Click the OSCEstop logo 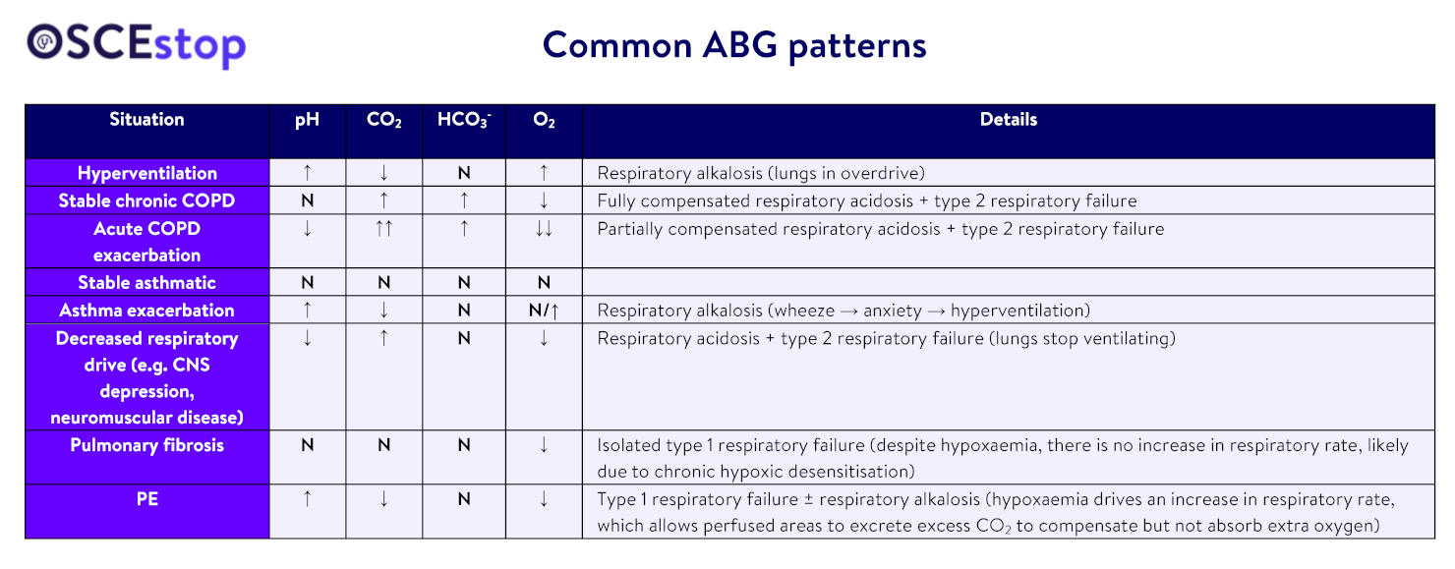(x=137, y=44)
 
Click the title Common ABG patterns (x=734, y=45)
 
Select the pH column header (x=308, y=120)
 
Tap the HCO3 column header (x=464, y=120)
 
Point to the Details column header (x=1008, y=119)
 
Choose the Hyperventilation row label (x=146, y=173)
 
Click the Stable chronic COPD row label (x=146, y=200)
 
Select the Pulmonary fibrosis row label (x=146, y=445)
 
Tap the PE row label (x=146, y=499)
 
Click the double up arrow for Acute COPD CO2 (x=383, y=229)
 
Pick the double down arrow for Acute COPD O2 (x=544, y=229)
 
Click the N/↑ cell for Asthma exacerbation (x=544, y=311)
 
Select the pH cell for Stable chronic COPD (x=308, y=201)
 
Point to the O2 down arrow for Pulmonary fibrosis (x=544, y=445)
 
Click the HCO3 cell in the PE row (x=464, y=499)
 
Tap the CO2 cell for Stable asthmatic (x=383, y=283)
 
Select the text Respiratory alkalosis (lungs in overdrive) (x=761, y=173)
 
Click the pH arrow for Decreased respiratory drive (x=308, y=338)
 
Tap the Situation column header (x=146, y=119)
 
